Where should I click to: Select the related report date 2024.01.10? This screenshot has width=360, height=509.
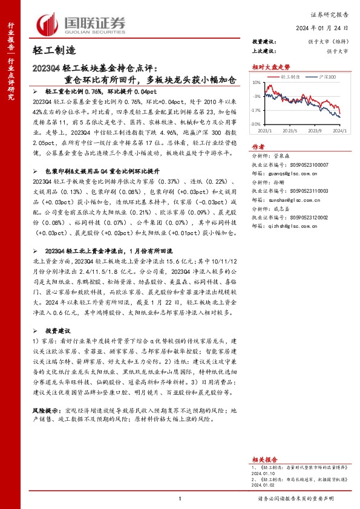pyautogui.click(x=265, y=458)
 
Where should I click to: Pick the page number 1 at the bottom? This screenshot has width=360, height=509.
pyautogui.click(x=180, y=498)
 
